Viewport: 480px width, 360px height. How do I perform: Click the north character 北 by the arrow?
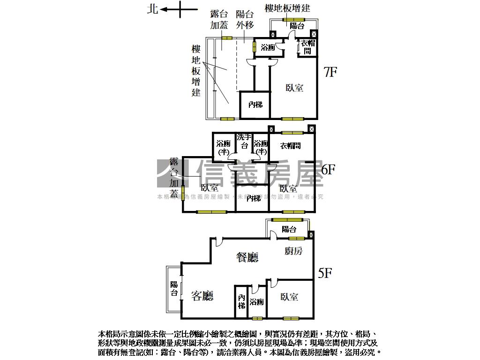click(153, 9)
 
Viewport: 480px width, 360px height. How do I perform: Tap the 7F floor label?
click(330, 72)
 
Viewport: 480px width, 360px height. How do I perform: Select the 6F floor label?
click(328, 169)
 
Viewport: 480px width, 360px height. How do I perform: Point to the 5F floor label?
click(325, 273)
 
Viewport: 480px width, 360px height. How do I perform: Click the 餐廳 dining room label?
click(247, 257)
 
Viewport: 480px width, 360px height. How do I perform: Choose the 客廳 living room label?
click(202, 295)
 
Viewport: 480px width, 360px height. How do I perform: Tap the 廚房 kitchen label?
click(293, 251)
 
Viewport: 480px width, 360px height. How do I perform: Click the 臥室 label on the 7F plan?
click(294, 88)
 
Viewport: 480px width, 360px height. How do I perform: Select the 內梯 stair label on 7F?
click(255, 105)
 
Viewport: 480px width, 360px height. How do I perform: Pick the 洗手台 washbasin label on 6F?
click(244, 142)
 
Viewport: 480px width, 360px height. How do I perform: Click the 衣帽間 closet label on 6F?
click(291, 146)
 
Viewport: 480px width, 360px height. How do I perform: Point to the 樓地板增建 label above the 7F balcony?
click(287, 8)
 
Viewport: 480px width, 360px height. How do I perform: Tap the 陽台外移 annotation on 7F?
click(244, 20)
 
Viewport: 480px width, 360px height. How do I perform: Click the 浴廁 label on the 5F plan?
click(257, 302)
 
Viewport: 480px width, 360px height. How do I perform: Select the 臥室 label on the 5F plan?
click(290, 297)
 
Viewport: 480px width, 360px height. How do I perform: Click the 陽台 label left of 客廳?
click(174, 288)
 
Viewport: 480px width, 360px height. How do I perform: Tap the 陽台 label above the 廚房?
click(289, 229)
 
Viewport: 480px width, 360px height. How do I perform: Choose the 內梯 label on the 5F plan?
click(241, 301)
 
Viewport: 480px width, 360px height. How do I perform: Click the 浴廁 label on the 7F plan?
click(268, 47)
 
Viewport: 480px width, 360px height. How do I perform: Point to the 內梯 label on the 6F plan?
click(254, 199)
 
